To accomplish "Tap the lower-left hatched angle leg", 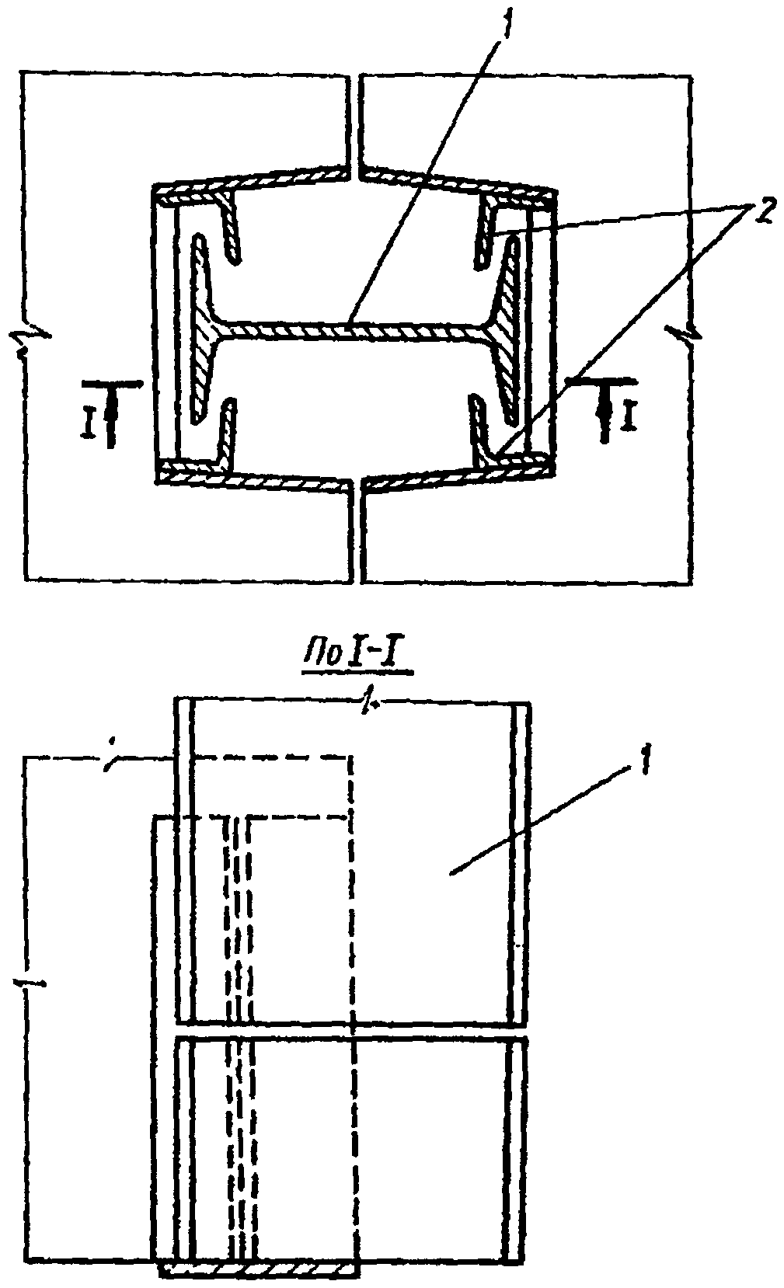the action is pyautogui.click(x=227, y=431).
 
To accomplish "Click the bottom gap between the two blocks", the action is pyautogui.click(x=357, y=536).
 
